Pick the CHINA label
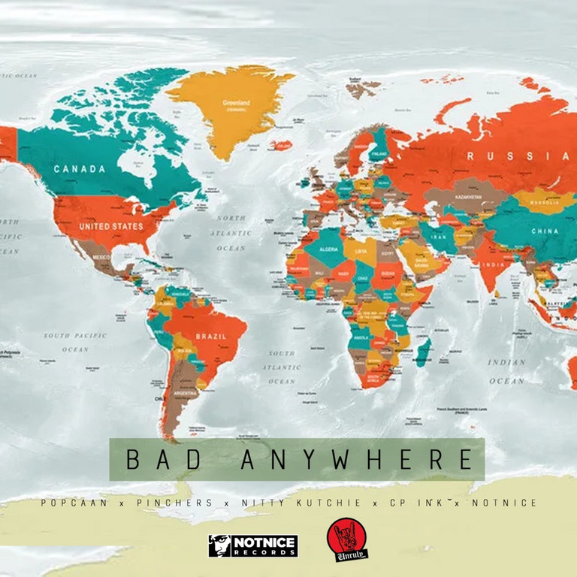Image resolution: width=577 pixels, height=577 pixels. click(x=545, y=231)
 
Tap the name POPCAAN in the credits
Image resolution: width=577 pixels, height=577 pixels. click(x=75, y=503)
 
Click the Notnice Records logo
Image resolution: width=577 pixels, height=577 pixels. click(x=253, y=545)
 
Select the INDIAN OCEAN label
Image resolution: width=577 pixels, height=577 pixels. click(x=506, y=371)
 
